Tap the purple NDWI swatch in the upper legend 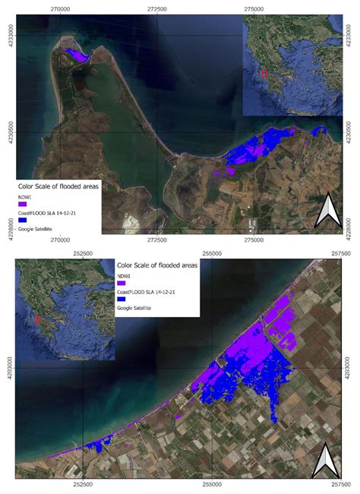coord(23,204)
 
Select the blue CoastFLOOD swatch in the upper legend coord(23,220)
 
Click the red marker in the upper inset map coord(264,74)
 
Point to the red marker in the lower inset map coord(37,319)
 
